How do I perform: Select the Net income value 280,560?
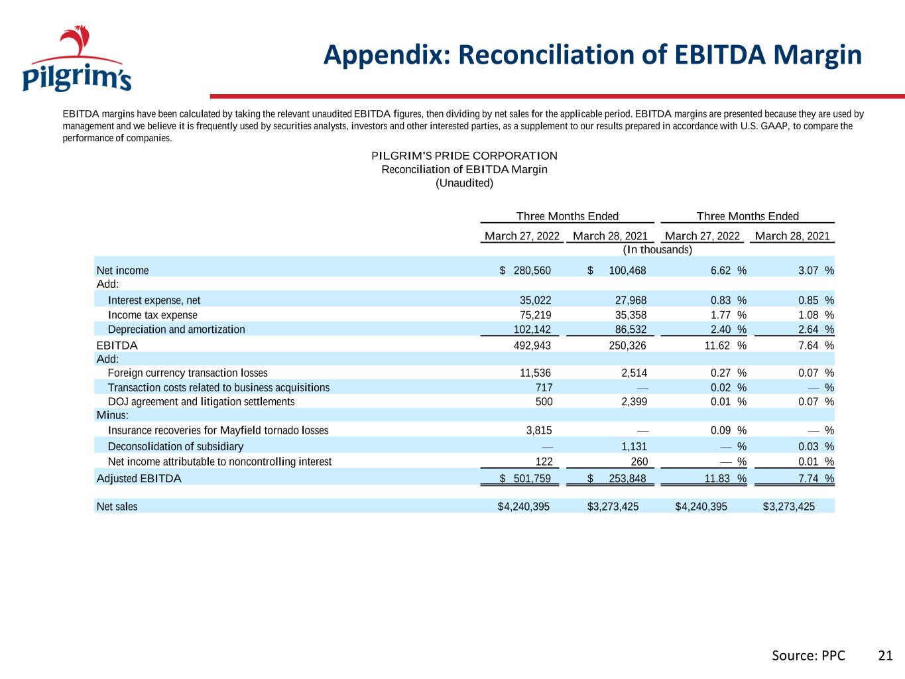532,271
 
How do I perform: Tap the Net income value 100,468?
627,271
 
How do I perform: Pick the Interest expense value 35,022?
535,300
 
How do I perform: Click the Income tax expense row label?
152,315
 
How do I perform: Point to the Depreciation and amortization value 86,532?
631,330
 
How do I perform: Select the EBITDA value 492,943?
532,345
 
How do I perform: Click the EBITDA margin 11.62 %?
725,345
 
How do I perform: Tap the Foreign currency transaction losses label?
188,373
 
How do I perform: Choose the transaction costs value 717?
544,387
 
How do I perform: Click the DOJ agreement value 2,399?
634,402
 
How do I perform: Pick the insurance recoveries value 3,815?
539,430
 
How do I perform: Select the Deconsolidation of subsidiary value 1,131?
634,446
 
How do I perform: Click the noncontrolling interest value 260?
639,462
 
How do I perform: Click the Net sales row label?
117,506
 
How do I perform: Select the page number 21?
885,656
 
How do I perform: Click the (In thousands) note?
657,250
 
